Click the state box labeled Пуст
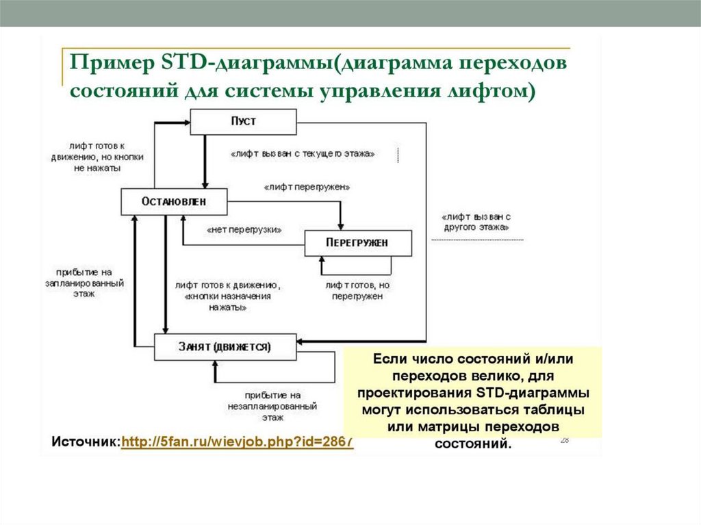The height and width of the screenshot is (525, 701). pos(243,122)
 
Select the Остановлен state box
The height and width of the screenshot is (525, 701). pos(174,201)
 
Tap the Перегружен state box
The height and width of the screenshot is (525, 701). pos(357,243)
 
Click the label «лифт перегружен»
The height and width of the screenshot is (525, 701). pos(307,186)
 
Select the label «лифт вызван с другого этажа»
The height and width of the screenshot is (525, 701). pos(476,220)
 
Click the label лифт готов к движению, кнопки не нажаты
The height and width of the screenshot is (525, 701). pos(96,157)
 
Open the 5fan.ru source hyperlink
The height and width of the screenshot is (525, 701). pos(237,442)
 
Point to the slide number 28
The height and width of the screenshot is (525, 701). pos(565,440)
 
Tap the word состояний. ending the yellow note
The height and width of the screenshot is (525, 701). pos(472,444)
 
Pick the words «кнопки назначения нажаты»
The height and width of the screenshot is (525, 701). pos(218,303)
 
